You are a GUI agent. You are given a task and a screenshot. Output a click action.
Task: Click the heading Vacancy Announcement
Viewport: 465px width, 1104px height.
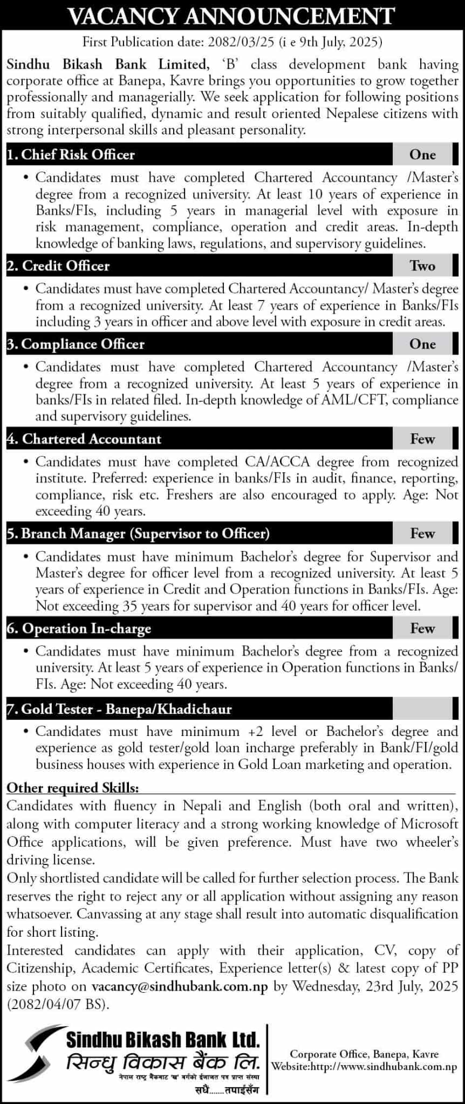pos(232,16)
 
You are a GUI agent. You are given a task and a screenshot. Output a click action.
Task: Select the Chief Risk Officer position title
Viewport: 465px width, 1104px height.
pos(71,155)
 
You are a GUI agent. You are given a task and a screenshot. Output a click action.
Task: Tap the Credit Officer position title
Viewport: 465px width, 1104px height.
pos(59,266)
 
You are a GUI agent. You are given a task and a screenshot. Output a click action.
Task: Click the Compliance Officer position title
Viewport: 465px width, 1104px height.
pos(76,344)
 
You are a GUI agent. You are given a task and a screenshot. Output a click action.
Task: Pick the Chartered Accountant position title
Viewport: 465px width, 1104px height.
pos(85,439)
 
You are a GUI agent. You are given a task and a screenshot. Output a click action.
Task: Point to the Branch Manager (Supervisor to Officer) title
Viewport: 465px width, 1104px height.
pos(139,534)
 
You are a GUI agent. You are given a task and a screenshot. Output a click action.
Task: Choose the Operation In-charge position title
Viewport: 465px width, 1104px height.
pos(79,629)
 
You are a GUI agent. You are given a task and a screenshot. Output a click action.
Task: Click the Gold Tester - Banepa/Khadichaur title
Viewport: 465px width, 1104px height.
pos(120,709)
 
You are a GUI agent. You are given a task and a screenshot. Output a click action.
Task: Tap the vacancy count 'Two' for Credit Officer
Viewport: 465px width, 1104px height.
pos(422,266)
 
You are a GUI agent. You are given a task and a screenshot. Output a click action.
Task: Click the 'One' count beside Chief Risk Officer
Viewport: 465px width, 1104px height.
pos(422,155)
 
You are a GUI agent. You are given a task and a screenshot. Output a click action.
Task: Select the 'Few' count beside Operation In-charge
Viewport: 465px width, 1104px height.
pos(422,629)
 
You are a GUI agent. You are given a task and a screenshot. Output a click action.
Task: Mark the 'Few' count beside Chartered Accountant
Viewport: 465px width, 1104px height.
pos(422,439)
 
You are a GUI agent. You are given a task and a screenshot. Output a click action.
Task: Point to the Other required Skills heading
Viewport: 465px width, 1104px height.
pos(73,788)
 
